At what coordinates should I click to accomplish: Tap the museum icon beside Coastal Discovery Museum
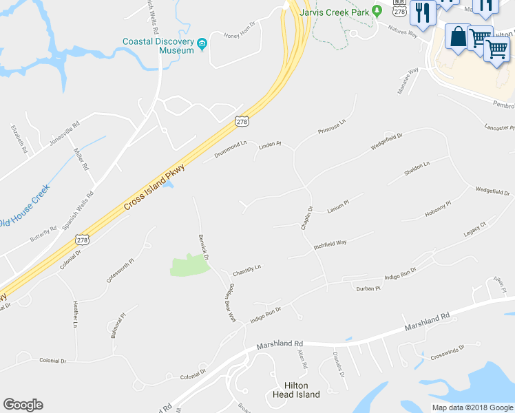coord(202,45)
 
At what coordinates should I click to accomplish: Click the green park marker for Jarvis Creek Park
coord(377,11)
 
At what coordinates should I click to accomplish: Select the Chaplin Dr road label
coord(307,218)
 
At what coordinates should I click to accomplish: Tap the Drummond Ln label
coord(230,149)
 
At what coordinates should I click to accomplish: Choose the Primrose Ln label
coord(331,126)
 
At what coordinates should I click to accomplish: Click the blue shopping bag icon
coord(458,36)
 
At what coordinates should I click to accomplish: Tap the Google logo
coord(23,405)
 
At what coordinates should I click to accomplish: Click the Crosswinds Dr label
coord(448,354)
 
